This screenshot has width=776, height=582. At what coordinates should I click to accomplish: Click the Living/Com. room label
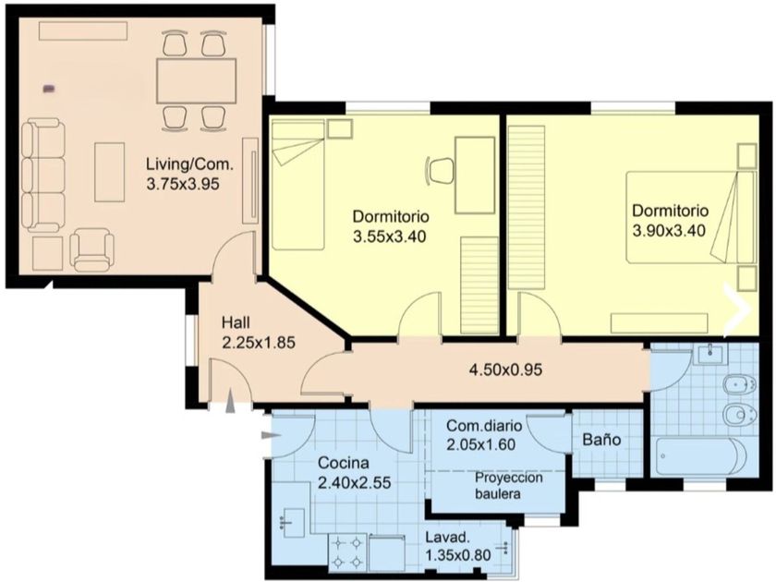(189, 164)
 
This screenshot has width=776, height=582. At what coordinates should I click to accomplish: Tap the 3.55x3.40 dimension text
(390, 237)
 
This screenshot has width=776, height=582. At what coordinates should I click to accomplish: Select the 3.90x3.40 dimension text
(669, 231)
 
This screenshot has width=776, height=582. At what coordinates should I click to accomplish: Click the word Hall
(236, 322)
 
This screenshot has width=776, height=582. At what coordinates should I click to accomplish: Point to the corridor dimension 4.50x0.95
(505, 370)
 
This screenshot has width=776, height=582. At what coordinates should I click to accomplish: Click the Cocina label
(344, 463)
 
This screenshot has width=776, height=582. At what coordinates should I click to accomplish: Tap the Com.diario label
(484, 426)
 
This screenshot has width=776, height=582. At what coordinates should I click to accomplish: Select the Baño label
(601, 440)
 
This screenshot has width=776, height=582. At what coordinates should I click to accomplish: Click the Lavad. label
(447, 538)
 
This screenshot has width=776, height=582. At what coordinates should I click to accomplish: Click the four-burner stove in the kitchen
(347, 552)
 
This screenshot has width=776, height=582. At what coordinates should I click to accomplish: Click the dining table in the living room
(196, 81)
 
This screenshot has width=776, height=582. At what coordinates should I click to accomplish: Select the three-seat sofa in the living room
(43, 176)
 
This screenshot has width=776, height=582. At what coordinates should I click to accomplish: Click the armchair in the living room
(92, 250)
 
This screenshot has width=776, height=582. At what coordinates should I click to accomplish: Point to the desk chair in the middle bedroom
(440, 170)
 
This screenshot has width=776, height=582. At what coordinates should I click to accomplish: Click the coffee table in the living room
(109, 172)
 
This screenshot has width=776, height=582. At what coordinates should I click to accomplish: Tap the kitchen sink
(292, 522)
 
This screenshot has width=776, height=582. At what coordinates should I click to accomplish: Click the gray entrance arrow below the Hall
(231, 401)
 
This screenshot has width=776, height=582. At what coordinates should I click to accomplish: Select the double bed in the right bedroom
(690, 217)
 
